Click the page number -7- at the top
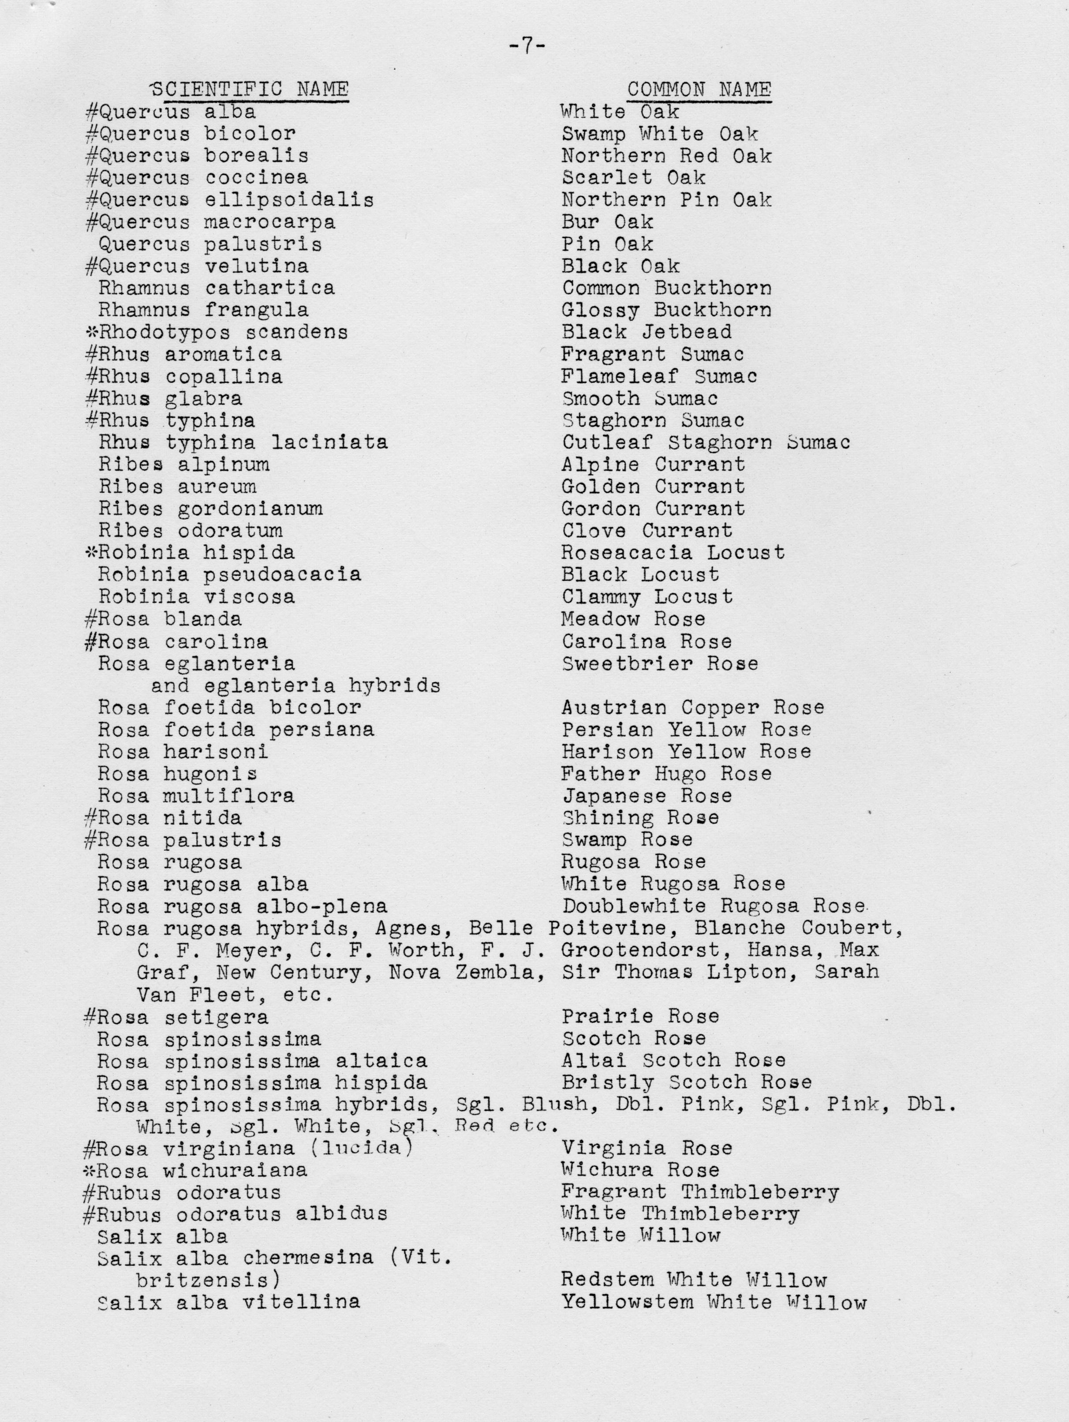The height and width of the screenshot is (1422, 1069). tap(526, 46)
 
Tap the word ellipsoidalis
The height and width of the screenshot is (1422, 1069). tap(289, 200)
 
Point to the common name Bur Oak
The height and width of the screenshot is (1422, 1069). tap(607, 222)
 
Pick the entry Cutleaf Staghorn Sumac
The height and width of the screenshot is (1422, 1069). tap(706, 442)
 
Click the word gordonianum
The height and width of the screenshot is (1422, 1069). tap(250, 509)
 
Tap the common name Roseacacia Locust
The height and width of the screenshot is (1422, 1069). tap(673, 552)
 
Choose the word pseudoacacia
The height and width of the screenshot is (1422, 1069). tap(282, 574)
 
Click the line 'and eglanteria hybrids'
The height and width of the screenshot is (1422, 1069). tap(295, 686)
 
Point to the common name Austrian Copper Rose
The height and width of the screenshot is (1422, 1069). tap(692, 708)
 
